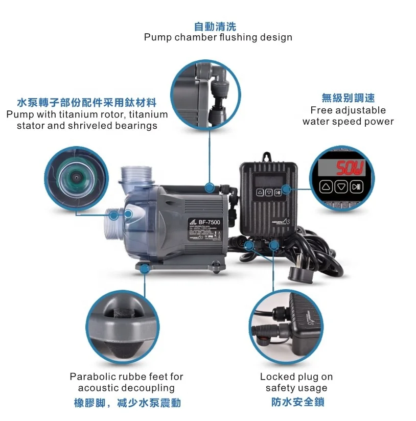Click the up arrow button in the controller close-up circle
[326, 186]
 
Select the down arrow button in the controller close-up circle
[341, 186]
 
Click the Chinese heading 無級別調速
[348, 98]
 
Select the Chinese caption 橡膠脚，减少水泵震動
[127, 403]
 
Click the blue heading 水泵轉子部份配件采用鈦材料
[86, 102]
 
